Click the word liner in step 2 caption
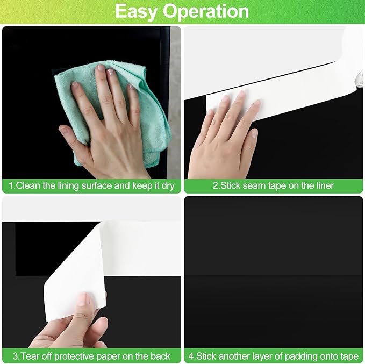(x=325, y=185)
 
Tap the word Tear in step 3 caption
(x=30, y=356)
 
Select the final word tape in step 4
(x=349, y=356)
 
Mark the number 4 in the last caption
(x=191, y=356)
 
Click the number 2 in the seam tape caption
(x=216, y=186)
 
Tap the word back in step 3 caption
(x=160, y=356)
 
